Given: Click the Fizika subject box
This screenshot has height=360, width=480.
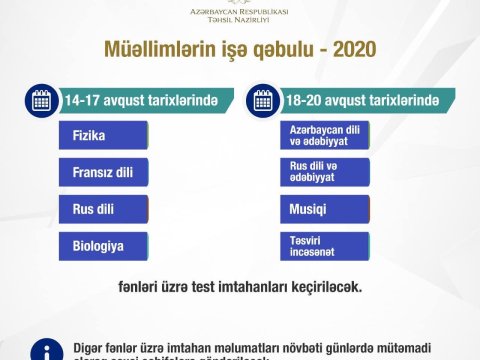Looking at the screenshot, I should (x=103, y=135).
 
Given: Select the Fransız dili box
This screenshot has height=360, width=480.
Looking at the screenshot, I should (x=103, y=172).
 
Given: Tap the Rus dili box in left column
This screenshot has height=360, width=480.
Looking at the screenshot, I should (x=103, y=209).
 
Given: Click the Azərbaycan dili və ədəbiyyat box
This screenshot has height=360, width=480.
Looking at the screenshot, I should (x=325, y=135).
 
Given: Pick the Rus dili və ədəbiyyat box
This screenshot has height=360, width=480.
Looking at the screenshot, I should (x=325, y=172).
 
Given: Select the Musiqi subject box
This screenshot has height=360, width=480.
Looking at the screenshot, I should (x=325, y=209).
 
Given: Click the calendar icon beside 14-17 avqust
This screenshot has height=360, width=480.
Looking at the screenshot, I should (x=42, y=100).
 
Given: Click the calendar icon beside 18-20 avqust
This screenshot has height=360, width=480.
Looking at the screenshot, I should (x=264, y=100).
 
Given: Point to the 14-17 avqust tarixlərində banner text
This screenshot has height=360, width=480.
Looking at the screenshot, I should (x=140, y=101).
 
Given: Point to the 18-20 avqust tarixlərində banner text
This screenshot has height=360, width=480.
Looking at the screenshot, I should (x=362, y=101).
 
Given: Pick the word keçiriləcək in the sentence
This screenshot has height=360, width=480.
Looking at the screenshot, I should (x=325, y=286).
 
